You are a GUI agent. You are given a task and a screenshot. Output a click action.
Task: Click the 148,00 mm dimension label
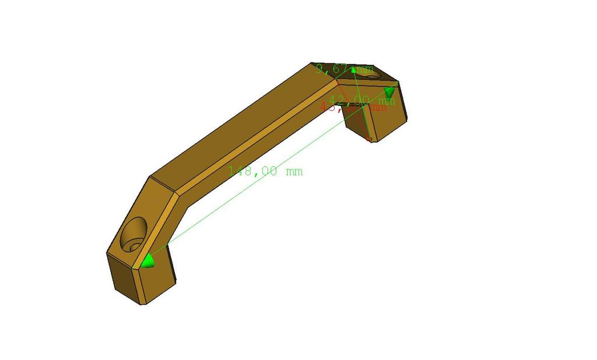click(265, 171)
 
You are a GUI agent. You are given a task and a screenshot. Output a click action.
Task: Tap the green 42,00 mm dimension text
click(361, 100)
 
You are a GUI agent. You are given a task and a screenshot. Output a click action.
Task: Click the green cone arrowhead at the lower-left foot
click(149, 261)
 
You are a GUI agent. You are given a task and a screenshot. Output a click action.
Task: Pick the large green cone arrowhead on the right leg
click(390, 92)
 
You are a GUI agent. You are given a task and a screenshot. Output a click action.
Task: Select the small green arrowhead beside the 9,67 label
click(353, 70)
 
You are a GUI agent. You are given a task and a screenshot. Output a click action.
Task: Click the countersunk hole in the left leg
click(134, 234)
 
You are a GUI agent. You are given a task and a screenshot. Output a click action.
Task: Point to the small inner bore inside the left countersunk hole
click(135, 246)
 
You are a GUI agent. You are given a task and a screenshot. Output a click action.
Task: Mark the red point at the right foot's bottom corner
click(368, 139)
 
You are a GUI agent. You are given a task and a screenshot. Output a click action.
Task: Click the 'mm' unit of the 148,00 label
click(294, 171)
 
